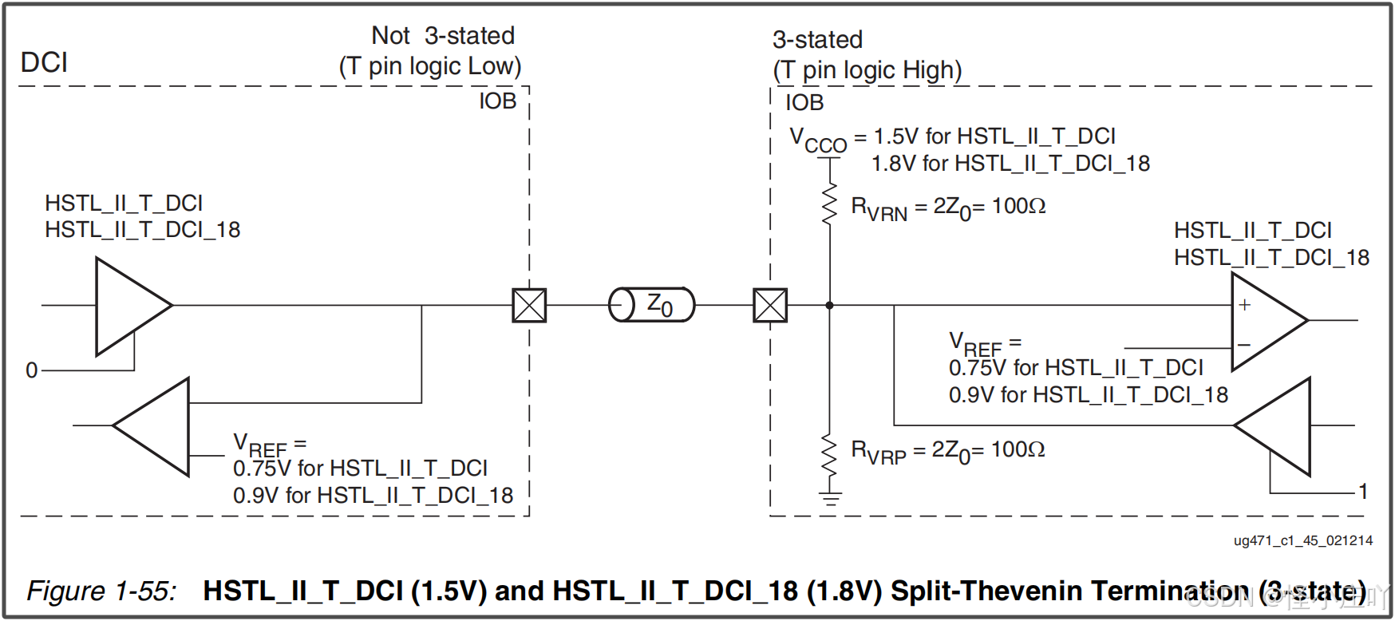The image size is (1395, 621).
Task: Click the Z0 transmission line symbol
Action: pos(651,305)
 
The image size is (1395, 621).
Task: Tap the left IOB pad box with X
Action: pos(529,305)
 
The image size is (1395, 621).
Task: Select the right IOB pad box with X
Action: pos(770,305)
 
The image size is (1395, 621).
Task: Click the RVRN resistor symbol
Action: pos(830,204)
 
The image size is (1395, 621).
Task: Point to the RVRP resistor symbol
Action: pos(830,456)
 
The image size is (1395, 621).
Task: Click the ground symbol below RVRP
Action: pos(830,499)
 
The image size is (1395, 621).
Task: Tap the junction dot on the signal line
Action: pos(830,305)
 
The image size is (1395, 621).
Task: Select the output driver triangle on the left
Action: pos(128,306)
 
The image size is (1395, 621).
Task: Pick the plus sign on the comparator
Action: pos(1244,305)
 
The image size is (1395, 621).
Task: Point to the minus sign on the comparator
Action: pos(1243,345)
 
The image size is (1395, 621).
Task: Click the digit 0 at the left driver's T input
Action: pos(32,370)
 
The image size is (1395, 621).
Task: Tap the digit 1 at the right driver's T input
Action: pos(1363,492)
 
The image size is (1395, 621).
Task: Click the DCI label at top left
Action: pos(44,62)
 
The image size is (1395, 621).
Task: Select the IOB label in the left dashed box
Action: pos(497,101)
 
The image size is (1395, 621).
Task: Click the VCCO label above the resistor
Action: pos(817,140)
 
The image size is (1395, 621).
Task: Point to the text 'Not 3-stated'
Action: pos(443,36)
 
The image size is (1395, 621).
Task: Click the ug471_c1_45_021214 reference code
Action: pos(1302,540)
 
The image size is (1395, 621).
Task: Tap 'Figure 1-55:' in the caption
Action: pos(101,591)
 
